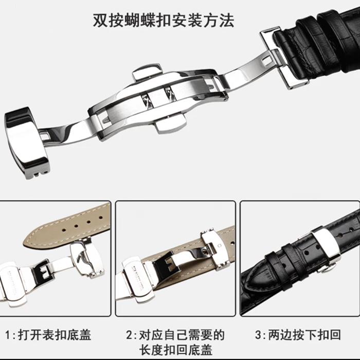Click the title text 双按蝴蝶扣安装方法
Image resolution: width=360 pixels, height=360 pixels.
coord(163,20)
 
